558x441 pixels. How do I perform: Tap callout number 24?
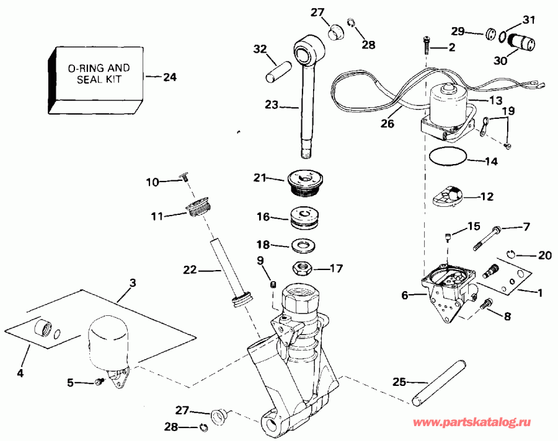coord(169,77)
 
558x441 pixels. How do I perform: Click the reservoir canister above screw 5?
coord(108,341)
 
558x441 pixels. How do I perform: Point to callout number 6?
coord(405,296)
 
